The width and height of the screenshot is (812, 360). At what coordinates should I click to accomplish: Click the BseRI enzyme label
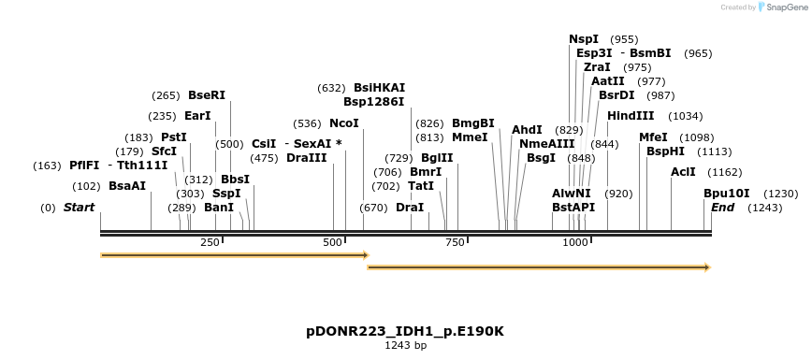(x=207, y=95)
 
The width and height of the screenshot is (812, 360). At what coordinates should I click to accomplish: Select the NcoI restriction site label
(x=343, y=123)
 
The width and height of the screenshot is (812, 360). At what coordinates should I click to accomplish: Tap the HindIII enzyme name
(x=630, y=116)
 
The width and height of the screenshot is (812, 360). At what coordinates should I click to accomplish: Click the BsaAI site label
(x=127, y=186)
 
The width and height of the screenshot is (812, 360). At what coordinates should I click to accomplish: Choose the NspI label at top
(x=584, y=39)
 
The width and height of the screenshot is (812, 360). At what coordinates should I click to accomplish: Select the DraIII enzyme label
(x=307, y=158)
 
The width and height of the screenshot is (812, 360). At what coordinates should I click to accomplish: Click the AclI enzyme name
(x=683, y=172)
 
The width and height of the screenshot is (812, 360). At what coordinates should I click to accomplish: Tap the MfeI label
(x=653, y=137)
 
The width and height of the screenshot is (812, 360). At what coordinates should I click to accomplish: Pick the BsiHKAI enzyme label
(x=379, y=88)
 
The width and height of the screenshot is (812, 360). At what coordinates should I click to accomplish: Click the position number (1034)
(x=686, y=116)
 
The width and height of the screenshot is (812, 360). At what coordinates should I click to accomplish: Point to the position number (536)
(x=307, y=123)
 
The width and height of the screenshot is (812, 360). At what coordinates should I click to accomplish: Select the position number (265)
(x=166, y=95)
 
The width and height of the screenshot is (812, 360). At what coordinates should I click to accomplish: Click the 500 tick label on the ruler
(x=333, y=242)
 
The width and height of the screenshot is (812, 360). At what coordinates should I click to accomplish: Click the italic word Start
(x=79, y=207)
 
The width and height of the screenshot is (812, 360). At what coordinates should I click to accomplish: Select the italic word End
(x=722, y=207)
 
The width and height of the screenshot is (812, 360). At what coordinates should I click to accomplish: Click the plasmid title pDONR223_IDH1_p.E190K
(x=405, y=331)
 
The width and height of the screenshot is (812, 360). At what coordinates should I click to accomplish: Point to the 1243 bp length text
(x=405, y=345)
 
